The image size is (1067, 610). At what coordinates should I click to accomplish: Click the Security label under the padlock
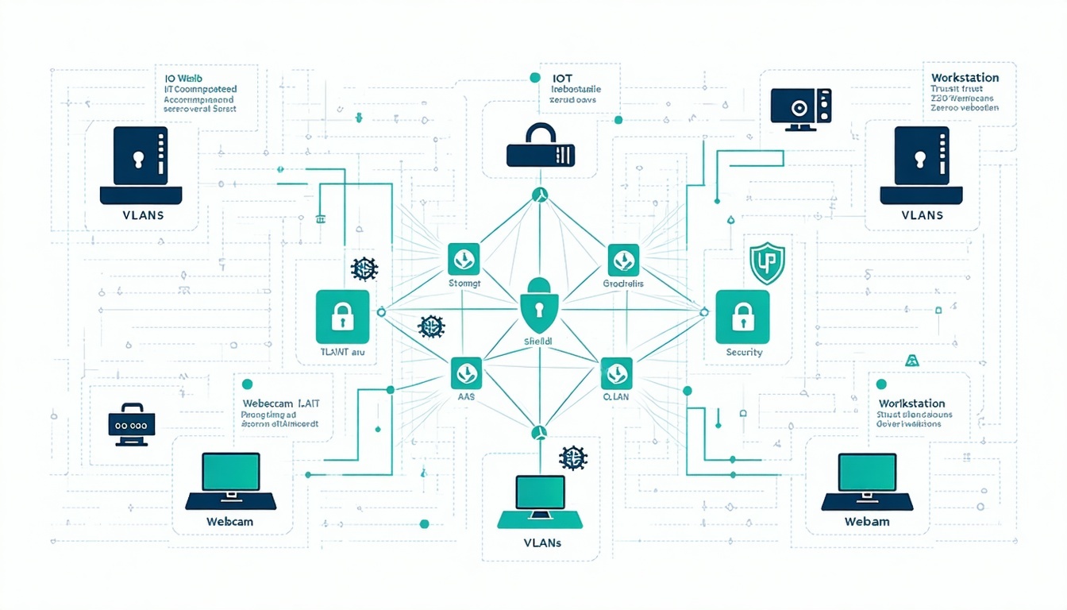743,352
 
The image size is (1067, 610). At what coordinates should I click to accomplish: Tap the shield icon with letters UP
767,264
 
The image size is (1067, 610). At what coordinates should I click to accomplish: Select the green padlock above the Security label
742,316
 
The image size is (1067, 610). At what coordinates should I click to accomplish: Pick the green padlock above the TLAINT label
342,316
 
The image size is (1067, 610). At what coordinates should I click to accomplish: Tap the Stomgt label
464,283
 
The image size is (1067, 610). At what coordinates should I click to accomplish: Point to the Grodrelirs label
623,283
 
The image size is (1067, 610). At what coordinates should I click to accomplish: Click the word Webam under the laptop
867,522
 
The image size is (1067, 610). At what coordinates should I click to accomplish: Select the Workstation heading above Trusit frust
964,78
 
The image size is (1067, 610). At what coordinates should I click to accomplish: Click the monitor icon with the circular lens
801,108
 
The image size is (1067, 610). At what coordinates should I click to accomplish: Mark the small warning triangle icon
911,360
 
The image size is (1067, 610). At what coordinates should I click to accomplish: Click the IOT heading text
562,79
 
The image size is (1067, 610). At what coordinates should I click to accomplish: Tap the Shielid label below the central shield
538,341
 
